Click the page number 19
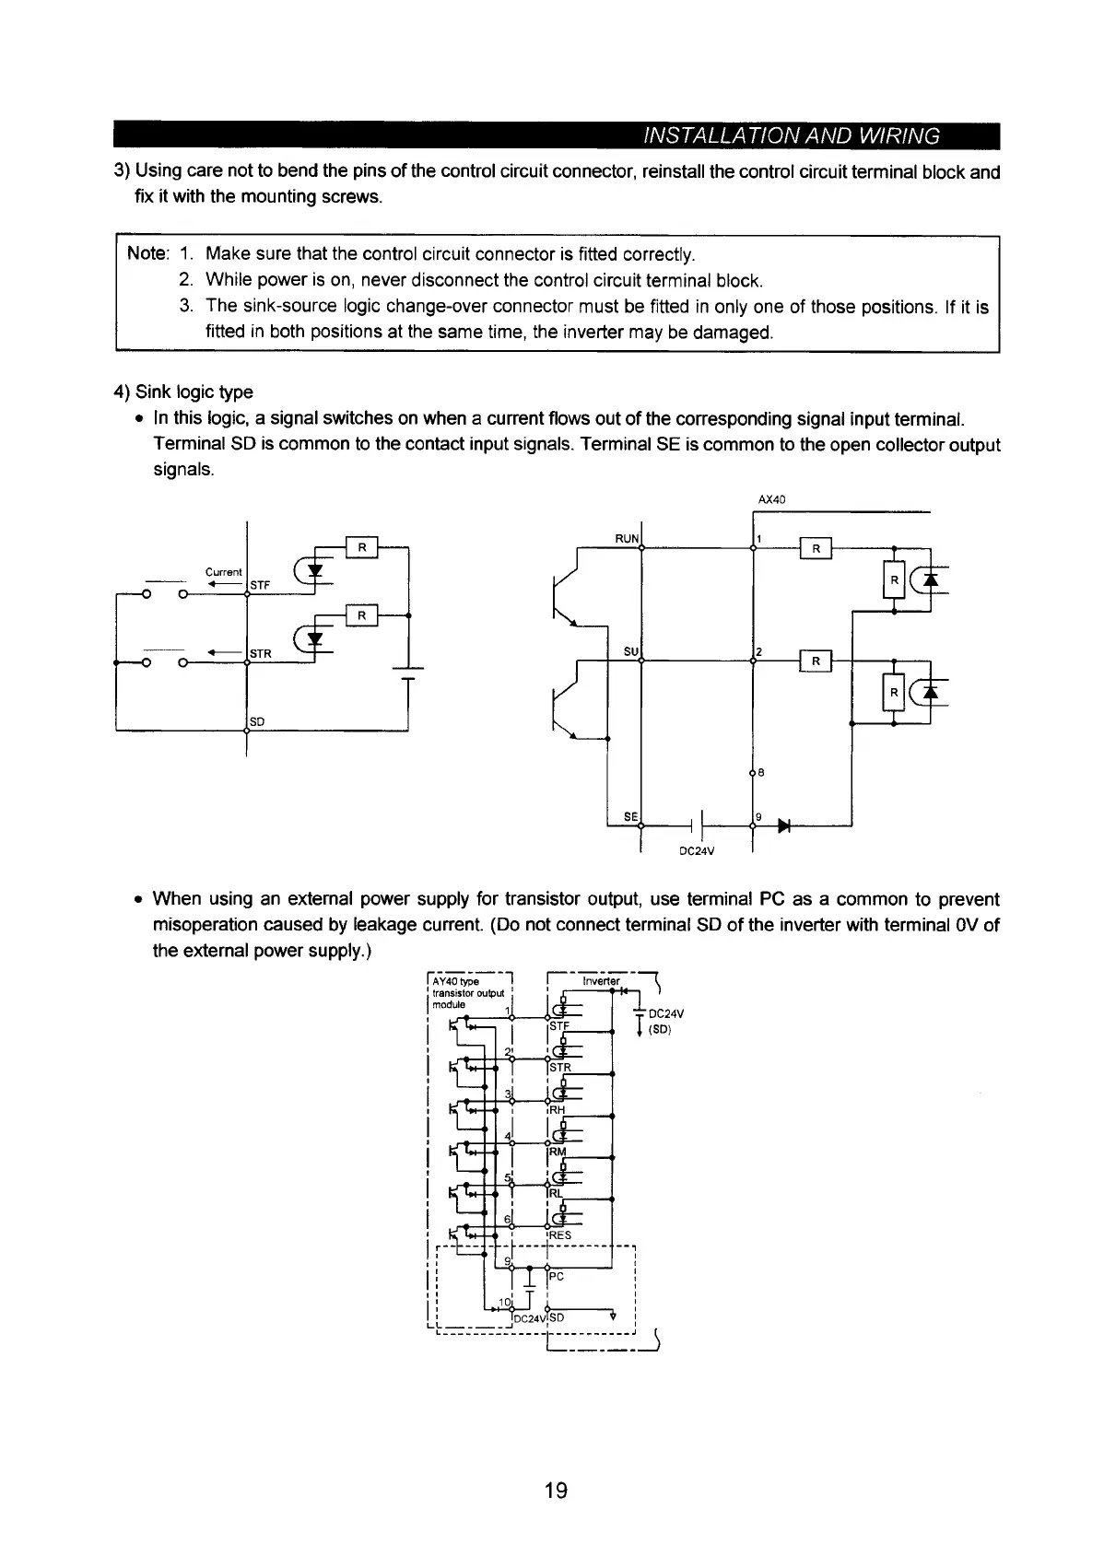click(555, 1490)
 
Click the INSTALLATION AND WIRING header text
click(791, 136)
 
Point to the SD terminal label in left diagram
click(257, 720)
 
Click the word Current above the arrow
click(223, 572)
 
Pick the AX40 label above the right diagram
click(769, 500)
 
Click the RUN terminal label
click(627, 538)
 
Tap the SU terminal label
click(631, 651)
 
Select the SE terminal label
click(631, 816)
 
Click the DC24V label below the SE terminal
click(697, 850)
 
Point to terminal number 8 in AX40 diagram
click(761, 774)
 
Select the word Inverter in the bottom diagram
click(602, 981)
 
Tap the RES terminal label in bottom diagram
click(560, 1235)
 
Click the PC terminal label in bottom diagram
click(557, 1277)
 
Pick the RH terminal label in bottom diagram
click(557, 1110)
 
